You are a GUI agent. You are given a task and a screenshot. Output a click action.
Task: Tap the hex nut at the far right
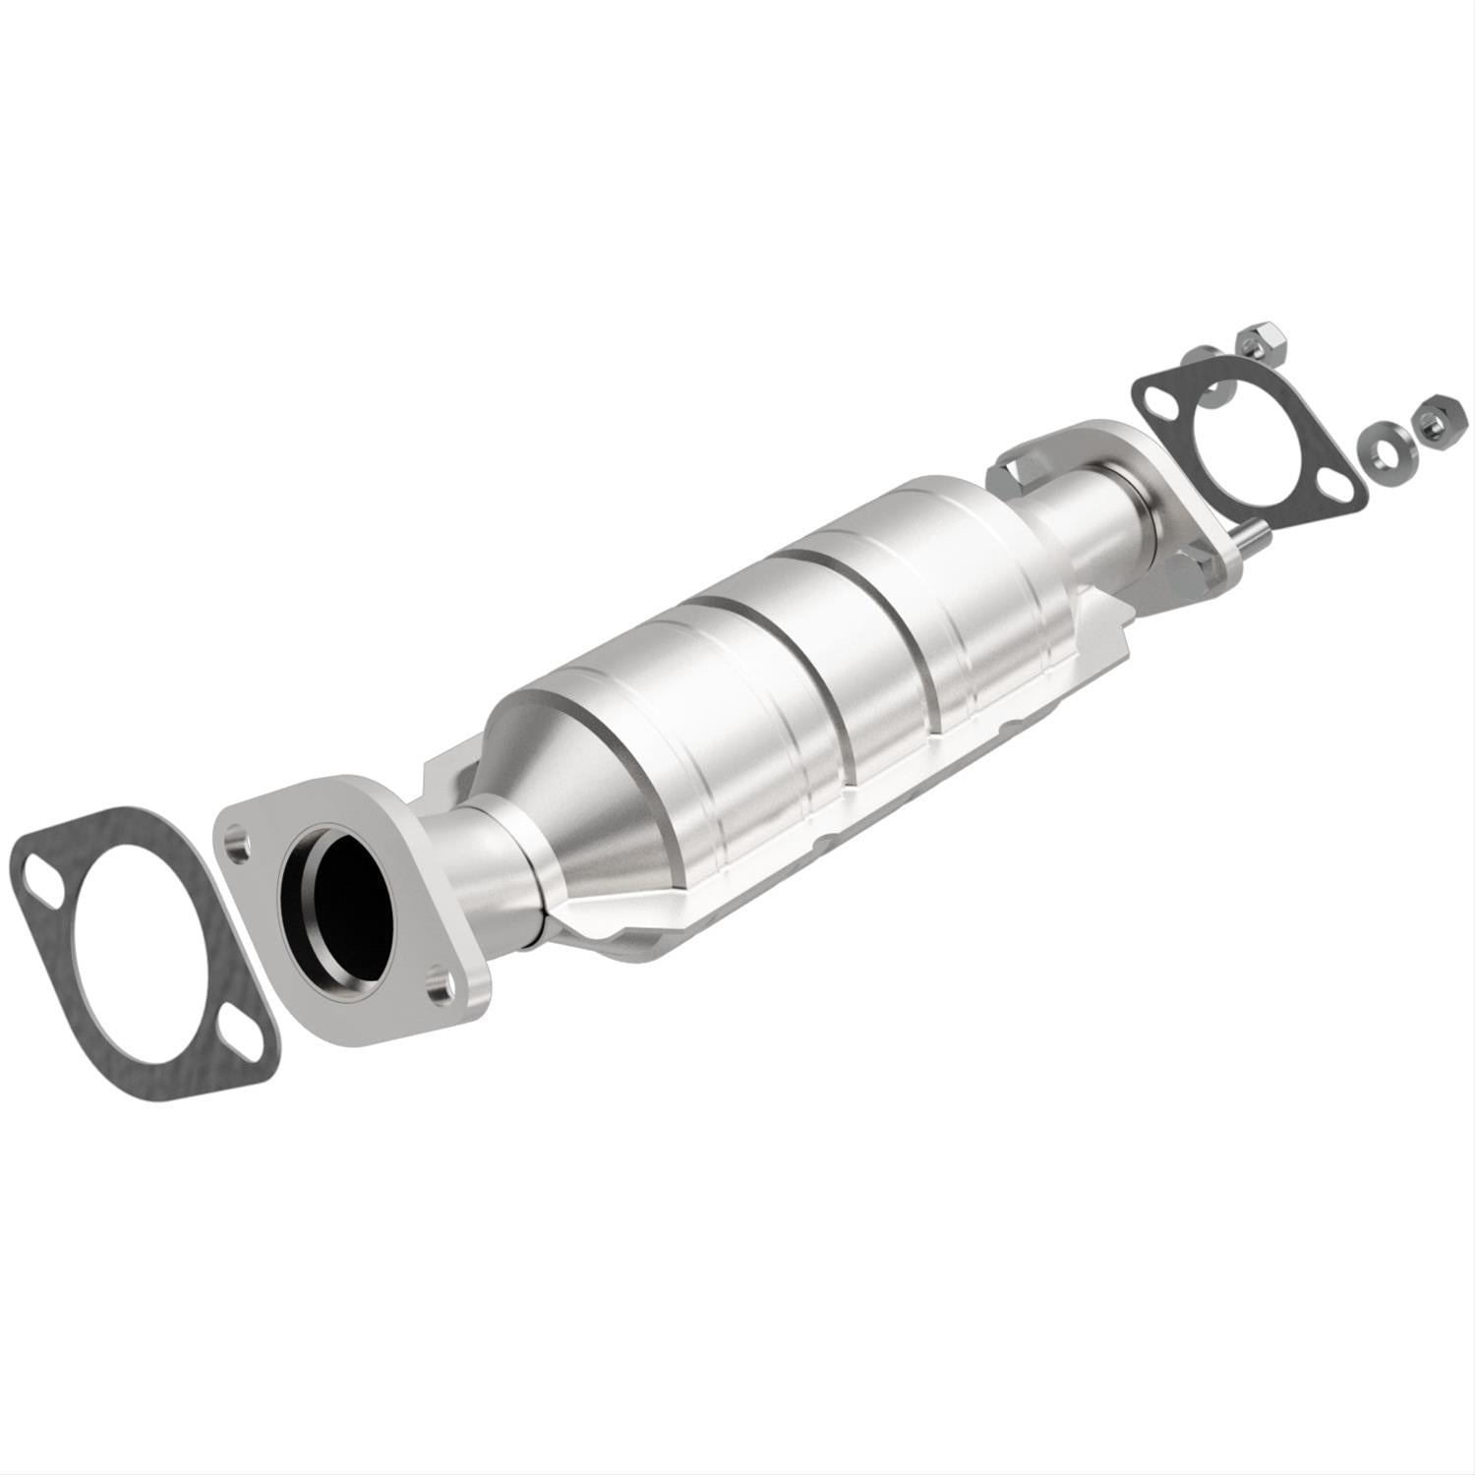[x=1432, y=425]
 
